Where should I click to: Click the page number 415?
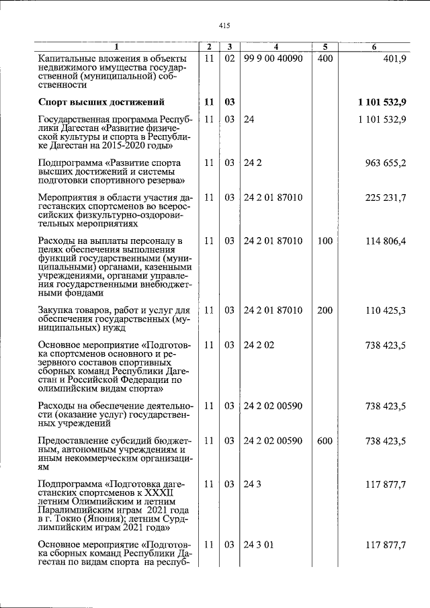point(224,26)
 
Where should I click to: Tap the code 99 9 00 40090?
point(273,59)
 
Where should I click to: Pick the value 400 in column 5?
point(325,59)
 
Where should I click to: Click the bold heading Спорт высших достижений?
point(101,102)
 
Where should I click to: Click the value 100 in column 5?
point(325,241)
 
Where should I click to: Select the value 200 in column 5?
point(325,310)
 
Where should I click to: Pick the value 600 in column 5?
point(325,441)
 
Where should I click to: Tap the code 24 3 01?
point(259,546)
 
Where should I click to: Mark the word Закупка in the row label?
point(58,310)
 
